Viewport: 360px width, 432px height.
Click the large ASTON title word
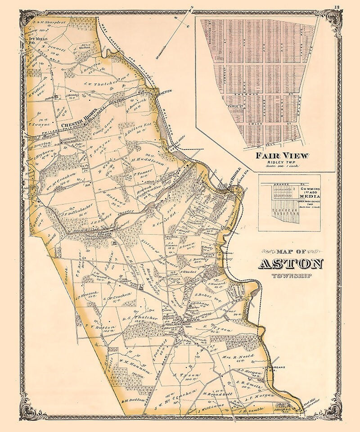click(x=290, y=263)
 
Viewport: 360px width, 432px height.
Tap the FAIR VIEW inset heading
click(x=282, y=156)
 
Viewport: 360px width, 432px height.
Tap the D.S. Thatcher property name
click(x=140, y=318)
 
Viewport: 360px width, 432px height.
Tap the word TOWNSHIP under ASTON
click(x=290, y=275)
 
